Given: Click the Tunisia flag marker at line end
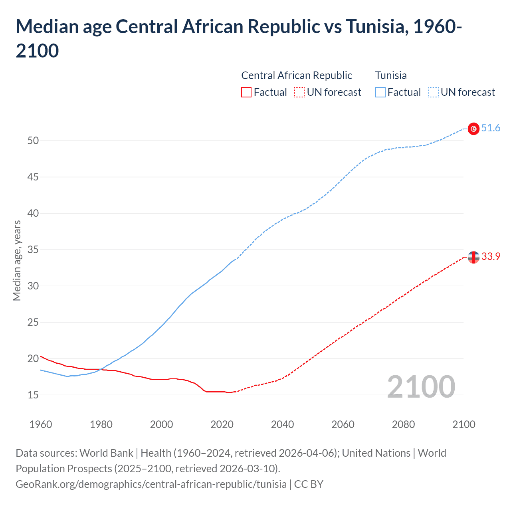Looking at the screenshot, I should point(473,129).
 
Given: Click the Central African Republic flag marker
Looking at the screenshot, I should point(473,257).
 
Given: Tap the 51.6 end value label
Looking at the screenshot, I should point(491,128).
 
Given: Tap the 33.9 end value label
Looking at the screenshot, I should point(491,257).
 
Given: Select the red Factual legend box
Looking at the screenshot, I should point(246,92).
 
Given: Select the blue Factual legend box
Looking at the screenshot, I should point(380,92).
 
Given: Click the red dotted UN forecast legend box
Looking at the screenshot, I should point(299,92).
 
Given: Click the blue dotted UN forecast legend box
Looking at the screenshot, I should point(434,92).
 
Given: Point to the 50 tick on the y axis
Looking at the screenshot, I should point(33,141).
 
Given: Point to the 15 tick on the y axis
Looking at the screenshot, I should point(33,395).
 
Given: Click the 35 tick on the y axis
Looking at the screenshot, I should point(33,250).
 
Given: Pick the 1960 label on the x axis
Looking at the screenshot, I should point(41,424).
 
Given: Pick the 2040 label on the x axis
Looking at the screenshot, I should point(282,424).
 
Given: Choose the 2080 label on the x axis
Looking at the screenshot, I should point(403,424).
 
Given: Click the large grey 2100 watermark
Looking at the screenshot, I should point(421,387).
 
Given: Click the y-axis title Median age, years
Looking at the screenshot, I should point(17,260).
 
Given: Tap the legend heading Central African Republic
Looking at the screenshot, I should point(297,75).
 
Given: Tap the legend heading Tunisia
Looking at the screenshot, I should point(391,75).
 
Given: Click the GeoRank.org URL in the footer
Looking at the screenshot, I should point(151,484).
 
